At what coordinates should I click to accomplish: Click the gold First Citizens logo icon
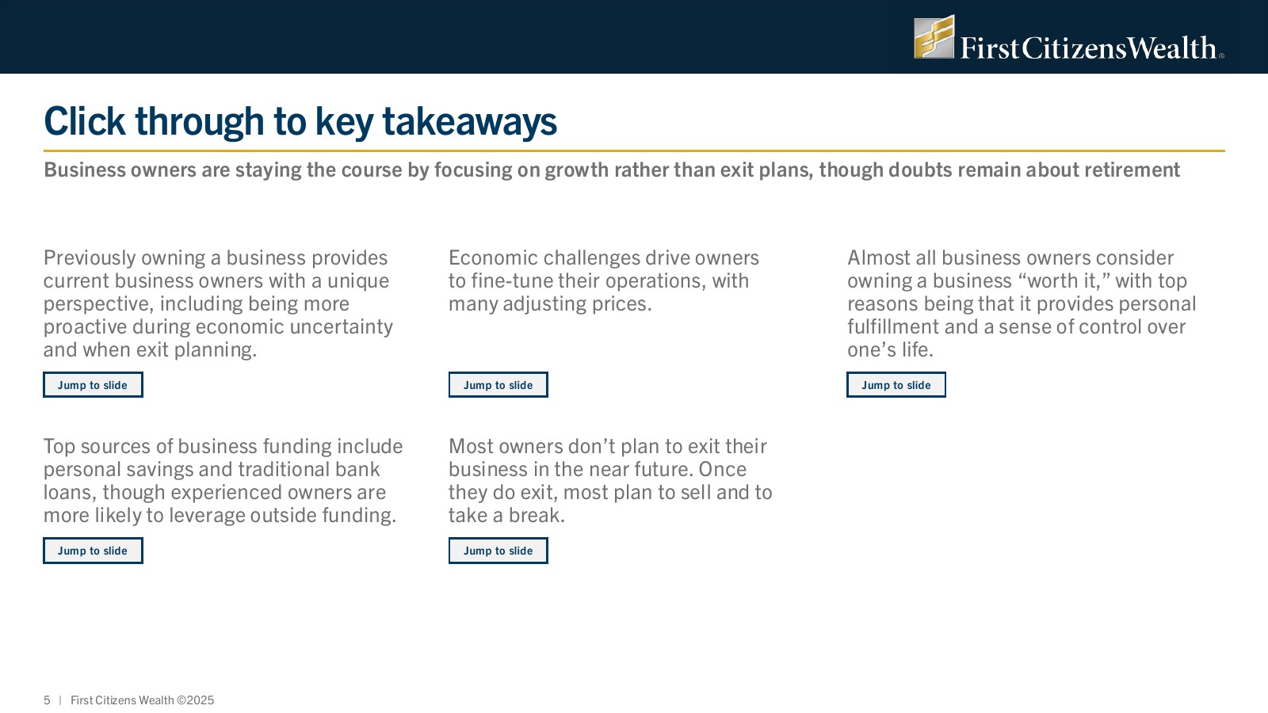pos(934,36)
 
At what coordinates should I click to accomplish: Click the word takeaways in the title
pos(470,122)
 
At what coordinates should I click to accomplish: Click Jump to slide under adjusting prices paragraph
pos(498,385)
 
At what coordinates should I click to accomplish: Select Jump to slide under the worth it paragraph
pos(896,385)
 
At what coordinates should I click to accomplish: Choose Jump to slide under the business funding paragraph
pos(93,551)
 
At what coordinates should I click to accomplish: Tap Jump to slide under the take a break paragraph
pos(498,551)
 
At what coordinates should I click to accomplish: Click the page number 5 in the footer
pos(47,700)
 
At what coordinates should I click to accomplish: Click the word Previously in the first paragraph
pos(90,258)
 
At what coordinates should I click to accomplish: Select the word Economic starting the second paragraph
pos(493,258)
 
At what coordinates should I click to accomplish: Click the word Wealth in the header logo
pos(1172,48)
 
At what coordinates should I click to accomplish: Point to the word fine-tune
pos(512,280)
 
